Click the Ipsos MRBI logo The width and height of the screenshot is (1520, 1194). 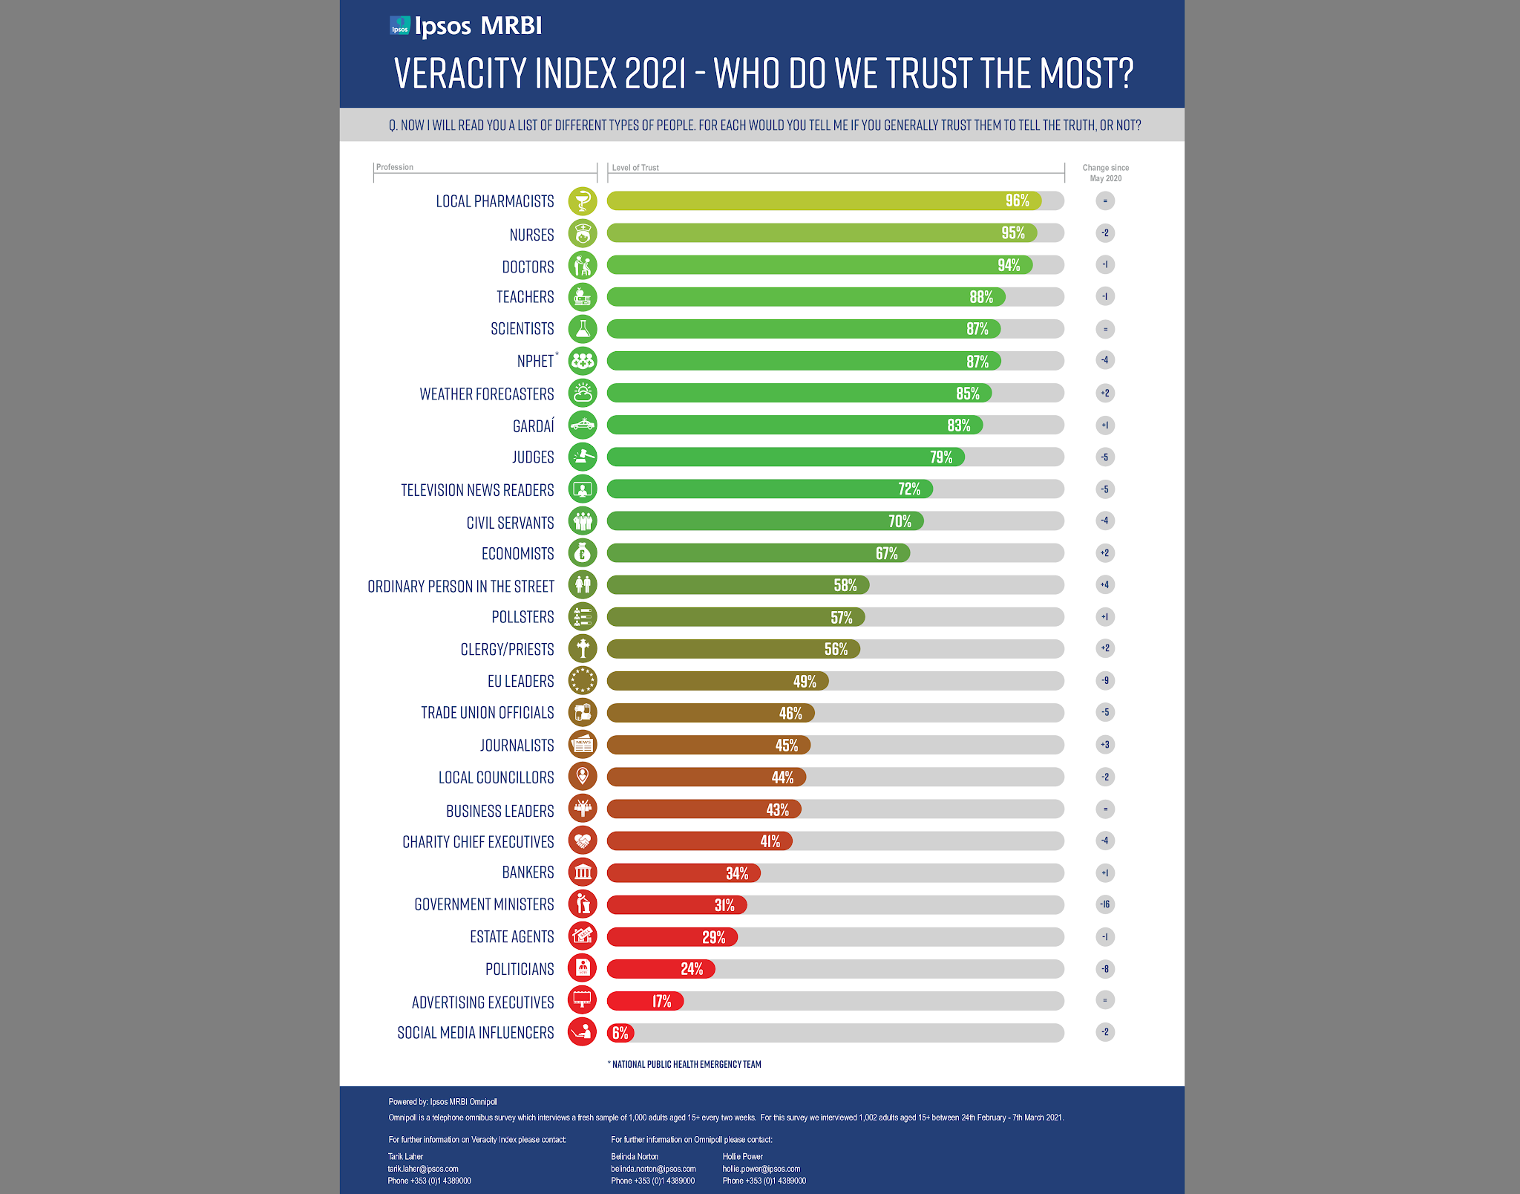[x=466, y=26]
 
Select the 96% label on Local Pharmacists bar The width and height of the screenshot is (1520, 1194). [x=1017, y=200]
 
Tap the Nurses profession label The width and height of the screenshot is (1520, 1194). [x=531, y=235]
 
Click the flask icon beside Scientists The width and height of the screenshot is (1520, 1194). [x=583, y=328]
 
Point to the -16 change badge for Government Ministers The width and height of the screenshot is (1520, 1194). [x=1105, y=904]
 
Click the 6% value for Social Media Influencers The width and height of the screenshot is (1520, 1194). [x=620, y=1033]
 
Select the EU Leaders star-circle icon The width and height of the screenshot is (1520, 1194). [x=583, y=680]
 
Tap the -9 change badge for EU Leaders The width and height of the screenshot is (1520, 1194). [x=1105, y=680]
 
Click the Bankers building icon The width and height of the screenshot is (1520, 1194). [x=583, y=872]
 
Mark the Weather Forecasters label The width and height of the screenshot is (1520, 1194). [x=487, y=394]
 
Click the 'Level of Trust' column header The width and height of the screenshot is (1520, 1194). [x=635, y=168]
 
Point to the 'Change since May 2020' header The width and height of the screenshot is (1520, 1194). [x=1105, y=173]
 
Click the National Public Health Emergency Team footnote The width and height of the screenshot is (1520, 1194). [x=686, y=1064]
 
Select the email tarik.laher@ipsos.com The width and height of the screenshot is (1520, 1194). [x=423, y=1169]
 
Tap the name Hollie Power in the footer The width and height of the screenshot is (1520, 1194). [x=742, y=1156]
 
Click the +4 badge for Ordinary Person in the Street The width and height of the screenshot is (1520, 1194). [x=1105, y=584]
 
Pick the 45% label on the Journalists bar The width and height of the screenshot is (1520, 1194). [x=786, y=745]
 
